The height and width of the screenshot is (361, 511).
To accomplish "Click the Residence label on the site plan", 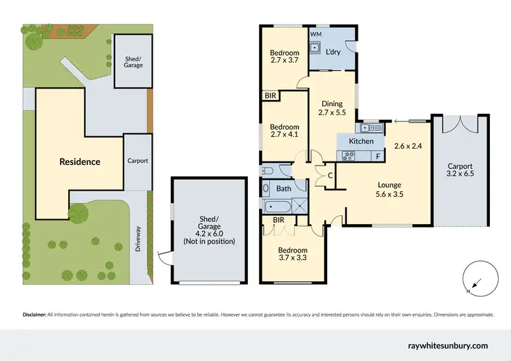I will (80, 162).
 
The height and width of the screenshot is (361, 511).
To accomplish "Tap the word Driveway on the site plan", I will (137, 238).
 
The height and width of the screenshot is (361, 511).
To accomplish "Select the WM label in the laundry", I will (315, 33).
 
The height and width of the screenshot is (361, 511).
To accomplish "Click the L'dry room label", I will (333, 52).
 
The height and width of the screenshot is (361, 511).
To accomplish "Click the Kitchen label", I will (361, 141).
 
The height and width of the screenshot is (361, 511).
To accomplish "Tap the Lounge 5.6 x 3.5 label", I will (390, 189).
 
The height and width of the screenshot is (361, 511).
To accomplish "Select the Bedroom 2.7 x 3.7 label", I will (284, 57).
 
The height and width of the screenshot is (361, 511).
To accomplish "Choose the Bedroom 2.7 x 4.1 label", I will (284, 131).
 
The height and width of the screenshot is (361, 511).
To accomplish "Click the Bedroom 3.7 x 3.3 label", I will (294, 255).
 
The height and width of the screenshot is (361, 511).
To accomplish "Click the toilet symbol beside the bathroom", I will (267, 170).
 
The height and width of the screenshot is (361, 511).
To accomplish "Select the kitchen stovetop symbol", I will (350, 155).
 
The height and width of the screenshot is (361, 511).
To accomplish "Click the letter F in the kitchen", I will (377, 156).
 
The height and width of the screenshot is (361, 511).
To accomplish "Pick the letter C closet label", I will (330, 176).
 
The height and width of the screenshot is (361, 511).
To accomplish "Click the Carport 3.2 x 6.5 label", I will (461, 170).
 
